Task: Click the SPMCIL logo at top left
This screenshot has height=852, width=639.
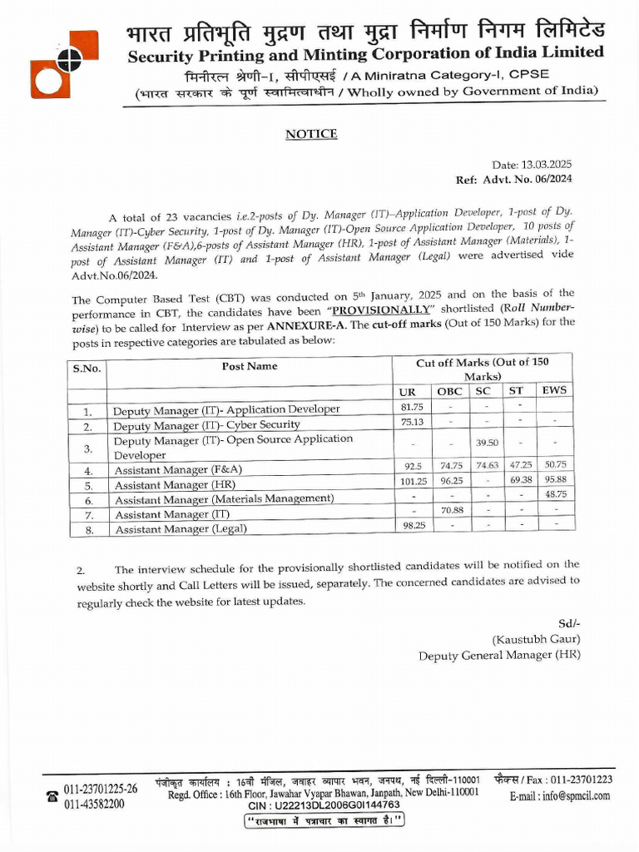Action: pyautogui.click(x=63, y=66)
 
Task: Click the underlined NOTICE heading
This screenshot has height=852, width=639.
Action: pyautogui.click(x=311, y=134)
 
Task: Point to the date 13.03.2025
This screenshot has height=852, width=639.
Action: pyautogui.click(x=546, y=166)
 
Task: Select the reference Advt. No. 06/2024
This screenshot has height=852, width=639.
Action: pyautogui.click(x=537, y=179)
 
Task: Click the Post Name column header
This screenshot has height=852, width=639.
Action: pyautogui.click(x=250, y=366)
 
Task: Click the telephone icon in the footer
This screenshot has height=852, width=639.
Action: pyautogui.click(x=52, y=796)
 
